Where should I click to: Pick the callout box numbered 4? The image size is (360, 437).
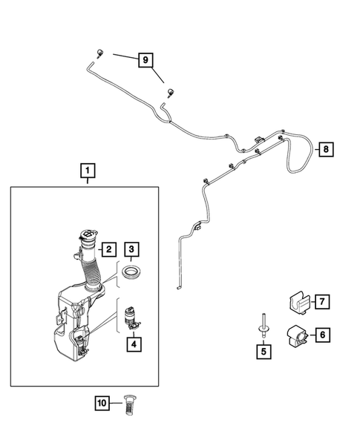coord(134,344)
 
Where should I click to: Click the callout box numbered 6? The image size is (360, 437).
coord(323,335)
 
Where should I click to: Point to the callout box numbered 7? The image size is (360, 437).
coord(323,302)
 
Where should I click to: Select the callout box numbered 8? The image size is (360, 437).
coord(325,150)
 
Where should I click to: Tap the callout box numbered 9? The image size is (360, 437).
coord(145,59)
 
